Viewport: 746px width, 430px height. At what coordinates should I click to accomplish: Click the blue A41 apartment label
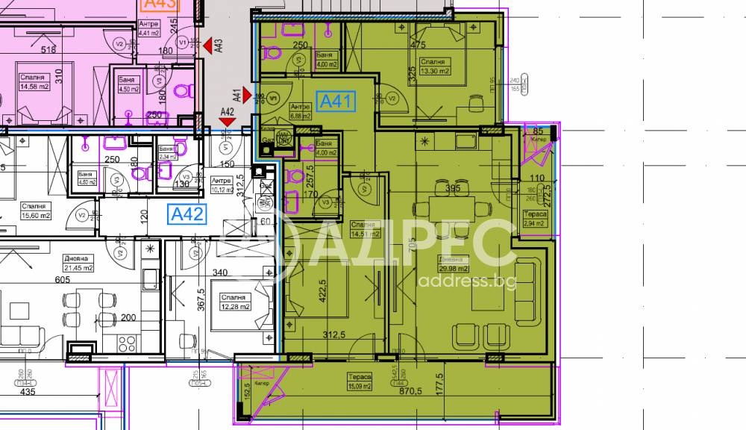click(x=337, y=102)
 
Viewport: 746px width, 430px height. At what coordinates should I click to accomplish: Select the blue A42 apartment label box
click(x=187, y=215)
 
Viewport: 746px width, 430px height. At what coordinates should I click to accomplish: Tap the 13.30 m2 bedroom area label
click(x=433, y=72)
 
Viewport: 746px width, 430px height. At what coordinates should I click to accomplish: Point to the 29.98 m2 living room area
click(x=454, y=269)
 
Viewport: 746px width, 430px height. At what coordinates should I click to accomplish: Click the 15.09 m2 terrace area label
click(x=358, y=386)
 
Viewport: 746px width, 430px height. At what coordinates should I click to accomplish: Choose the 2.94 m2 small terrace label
click(x=535, y=222)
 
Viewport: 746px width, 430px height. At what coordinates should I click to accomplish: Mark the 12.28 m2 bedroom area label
click(x=235, y=305)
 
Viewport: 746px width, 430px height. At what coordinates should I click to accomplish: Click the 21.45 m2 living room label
click(x=78, y=268)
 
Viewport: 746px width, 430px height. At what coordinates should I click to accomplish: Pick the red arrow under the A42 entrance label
click(x=228, y=124)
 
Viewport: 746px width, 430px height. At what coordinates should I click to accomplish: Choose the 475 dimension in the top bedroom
click(x=419, y=45)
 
